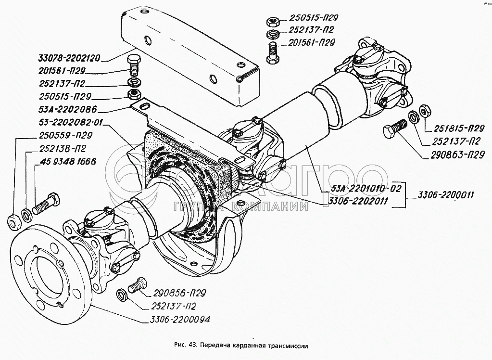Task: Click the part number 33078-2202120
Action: click(x=69, y=58)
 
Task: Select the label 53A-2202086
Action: click(x=68, y=109)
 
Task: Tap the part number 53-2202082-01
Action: click(x=71, y=122)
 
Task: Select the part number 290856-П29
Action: click(x=179, y=293)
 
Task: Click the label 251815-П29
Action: click(x=459, y=129)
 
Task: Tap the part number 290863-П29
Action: click(x=457, y=155)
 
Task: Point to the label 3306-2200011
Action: click(x=445, y=195)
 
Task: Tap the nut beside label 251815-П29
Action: click(x=425, y=110)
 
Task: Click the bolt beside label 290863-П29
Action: click(x=395, y=128)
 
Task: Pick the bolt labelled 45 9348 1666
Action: click(x=46, y=204)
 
